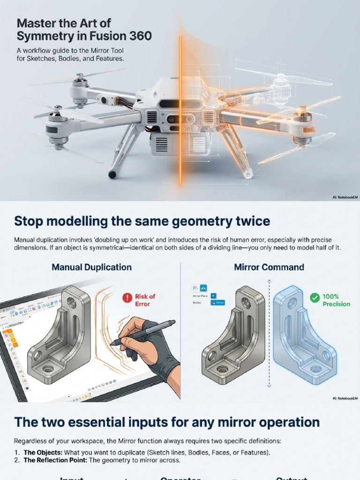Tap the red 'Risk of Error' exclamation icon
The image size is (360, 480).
127,297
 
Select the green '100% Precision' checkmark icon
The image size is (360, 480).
315,297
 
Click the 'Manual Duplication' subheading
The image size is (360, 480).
91,267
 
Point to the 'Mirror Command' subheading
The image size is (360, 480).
269,267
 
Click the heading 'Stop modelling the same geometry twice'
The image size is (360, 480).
142,221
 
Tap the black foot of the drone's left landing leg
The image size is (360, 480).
112,175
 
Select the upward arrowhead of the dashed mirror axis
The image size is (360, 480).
269,281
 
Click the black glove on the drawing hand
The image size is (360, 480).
164,356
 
